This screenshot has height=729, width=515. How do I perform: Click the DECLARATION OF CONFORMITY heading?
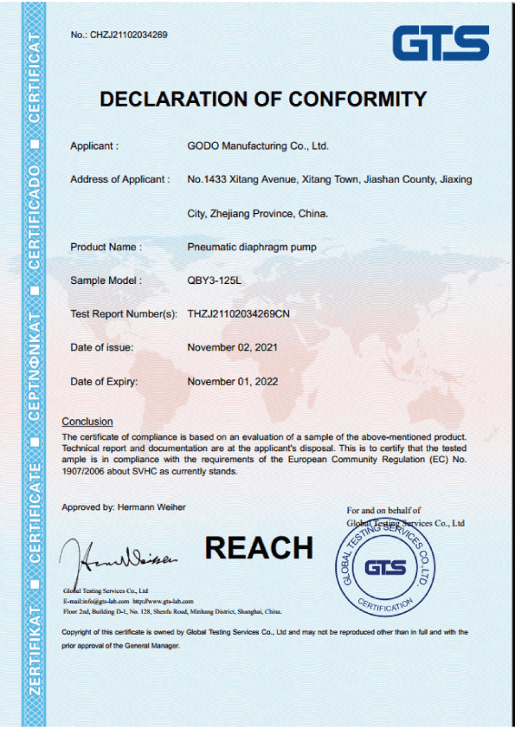click(263, 99)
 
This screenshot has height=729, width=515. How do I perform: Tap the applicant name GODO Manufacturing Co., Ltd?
click(258, 145)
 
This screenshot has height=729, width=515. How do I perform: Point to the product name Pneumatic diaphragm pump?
click(252, 247)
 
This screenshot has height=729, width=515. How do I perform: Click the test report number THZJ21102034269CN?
click(238, 313)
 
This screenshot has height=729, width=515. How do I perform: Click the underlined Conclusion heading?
click(87, 422)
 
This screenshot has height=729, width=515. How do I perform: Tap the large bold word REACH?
click(259, 547)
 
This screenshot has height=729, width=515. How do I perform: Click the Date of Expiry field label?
click(104, 381)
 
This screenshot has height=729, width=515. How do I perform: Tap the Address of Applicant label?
click(119, 179)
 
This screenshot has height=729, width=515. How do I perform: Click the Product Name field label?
click(106, 247)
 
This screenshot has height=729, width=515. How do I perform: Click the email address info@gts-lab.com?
click(105, 600)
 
